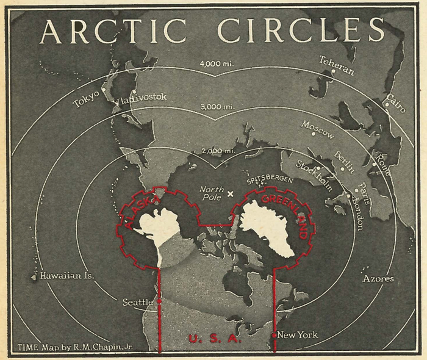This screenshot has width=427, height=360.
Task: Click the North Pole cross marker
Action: pos(230,195)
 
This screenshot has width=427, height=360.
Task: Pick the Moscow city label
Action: pos(317,131)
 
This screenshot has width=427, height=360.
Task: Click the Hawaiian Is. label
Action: pos(67,276)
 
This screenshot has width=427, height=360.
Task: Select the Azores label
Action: pos(378,279)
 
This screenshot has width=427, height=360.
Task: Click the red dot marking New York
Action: pos(274,335)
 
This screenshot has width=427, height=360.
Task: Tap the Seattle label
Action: pos(138,302)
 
